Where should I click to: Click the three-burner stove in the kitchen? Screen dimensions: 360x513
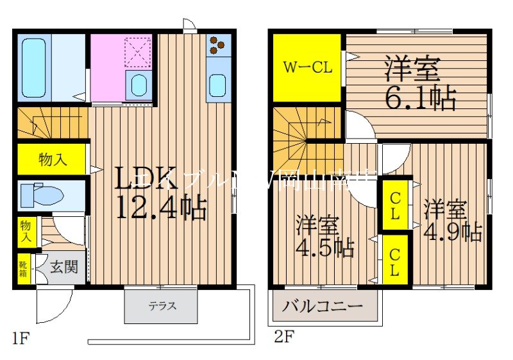(x=218, y=45)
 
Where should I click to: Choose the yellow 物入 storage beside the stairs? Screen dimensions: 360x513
(x=52, y=160)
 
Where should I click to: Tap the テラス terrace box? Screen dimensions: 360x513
(x=164, y=307)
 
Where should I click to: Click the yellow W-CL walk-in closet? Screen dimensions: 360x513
(x=308, y=67)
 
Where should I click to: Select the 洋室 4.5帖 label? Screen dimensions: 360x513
(x=324, y=237)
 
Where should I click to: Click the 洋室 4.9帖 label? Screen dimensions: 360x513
(x=452, y=221)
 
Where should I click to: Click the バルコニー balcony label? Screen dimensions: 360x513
(x=323, y=306)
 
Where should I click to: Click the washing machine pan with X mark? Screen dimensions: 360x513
(x=137, y=51)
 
